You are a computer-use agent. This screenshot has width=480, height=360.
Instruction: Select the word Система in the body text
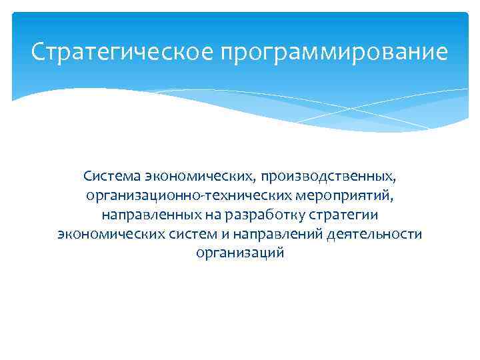pos(107,177)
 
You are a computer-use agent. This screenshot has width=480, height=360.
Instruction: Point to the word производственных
pos(328,177)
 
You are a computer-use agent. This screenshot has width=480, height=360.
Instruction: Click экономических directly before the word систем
pos(115,235)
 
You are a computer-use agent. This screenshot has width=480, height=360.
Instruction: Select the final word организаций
pos(240,254)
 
